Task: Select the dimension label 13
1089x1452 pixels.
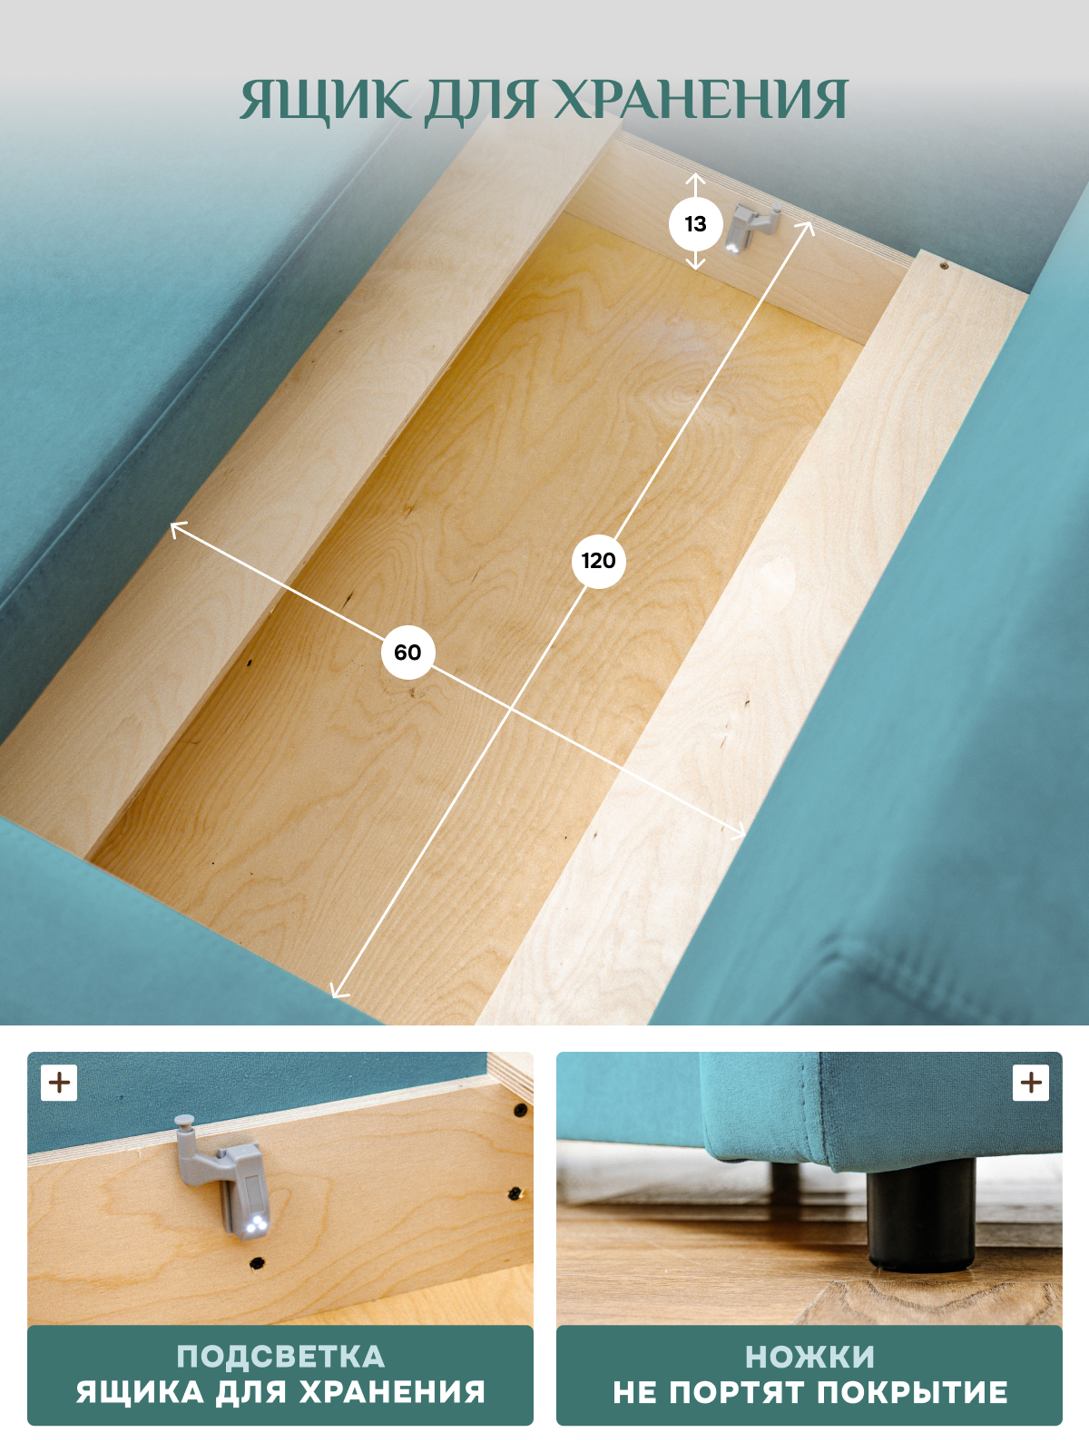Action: click(x=695, y=224)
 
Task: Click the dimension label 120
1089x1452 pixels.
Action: click(x=598, y=561)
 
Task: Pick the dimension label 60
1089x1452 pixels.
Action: click(x=407, y=652)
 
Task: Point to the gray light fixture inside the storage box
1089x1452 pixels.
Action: click(x=751, y=227)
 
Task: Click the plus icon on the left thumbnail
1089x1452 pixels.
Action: click(x=59, y=1083)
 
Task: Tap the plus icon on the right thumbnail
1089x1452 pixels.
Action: click(x=1030, y=1083)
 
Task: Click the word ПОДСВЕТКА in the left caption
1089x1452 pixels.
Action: click(x=280, y=1357)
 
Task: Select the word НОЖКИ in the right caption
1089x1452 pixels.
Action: click(x=809, y=1357)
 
